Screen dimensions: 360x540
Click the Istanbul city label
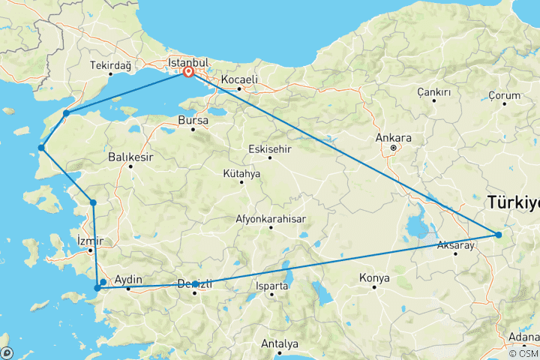pos(186,61)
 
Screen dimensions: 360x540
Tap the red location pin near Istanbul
pos(189,73)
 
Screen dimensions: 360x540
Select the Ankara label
pos(395,138)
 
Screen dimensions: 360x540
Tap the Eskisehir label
pos(269,148)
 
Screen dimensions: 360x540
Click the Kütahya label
pos(241,174)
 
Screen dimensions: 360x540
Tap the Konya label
pos(374,278)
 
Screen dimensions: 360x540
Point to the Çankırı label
pos(434,92)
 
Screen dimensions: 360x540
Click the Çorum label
pos(504,95)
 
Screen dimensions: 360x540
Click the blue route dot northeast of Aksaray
pos(498,235)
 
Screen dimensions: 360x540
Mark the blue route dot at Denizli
pos(195,283)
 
